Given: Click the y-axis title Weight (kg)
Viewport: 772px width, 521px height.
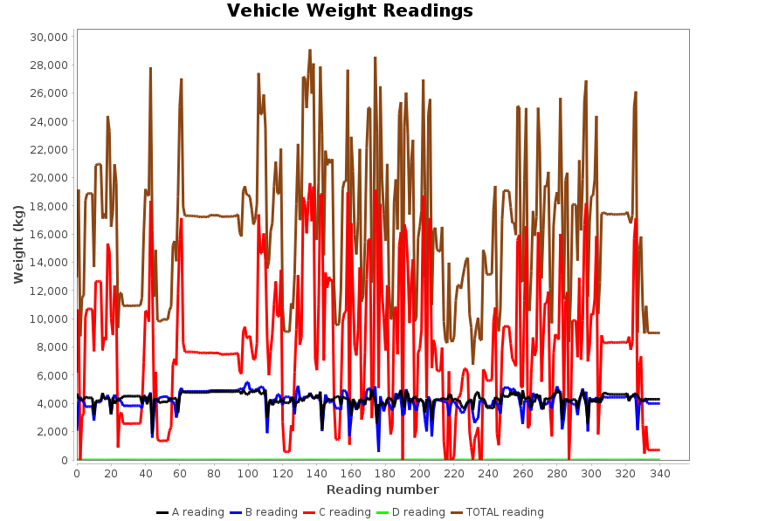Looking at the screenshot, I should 19,243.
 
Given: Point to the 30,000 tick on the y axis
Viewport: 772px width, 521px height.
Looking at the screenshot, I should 48,38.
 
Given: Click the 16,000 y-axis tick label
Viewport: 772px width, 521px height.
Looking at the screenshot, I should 48,235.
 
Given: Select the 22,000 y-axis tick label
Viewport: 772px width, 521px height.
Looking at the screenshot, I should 48,150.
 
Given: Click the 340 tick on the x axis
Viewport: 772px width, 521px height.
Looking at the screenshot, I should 659,473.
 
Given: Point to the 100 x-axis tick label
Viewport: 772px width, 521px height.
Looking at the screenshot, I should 248,473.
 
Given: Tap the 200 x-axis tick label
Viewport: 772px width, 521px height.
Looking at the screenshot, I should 419,473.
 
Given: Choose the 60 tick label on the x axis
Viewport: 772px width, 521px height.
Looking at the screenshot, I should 180,473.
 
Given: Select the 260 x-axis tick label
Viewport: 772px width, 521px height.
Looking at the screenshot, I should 522,473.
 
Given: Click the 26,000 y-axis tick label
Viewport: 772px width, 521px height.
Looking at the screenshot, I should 48,93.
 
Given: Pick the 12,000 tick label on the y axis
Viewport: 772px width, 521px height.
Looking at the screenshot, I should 48,291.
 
